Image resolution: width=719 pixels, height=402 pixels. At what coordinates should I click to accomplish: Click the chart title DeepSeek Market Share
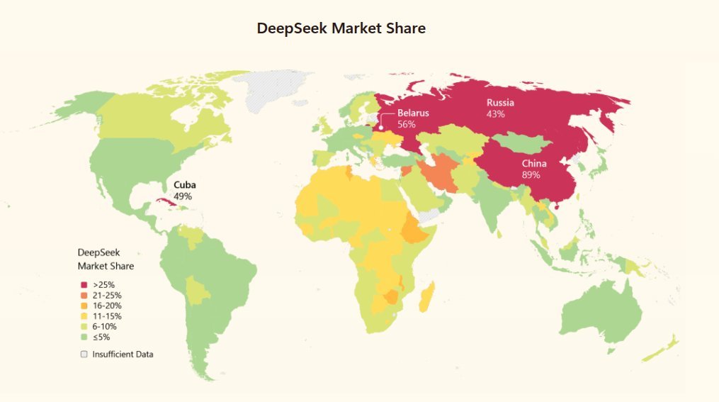[x=341, y=29]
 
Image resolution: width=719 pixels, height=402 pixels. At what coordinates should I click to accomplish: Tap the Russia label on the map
[x=500, y=103]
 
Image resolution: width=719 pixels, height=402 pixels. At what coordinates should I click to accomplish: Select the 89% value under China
[x=531, y=174]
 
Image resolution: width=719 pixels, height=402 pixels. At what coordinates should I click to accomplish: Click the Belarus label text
[x=412, y=113]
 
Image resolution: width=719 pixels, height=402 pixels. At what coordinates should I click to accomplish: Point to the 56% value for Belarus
[x=406, y=124]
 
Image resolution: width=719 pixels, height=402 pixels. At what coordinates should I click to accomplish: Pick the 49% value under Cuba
[x=183, y=196]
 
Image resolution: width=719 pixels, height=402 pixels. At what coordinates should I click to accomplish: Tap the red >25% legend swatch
[x=84, y=284]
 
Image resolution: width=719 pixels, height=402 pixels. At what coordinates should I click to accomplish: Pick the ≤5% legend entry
[x=101, y=337]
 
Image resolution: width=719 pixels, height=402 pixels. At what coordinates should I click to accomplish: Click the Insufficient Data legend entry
[x=122, y=354]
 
